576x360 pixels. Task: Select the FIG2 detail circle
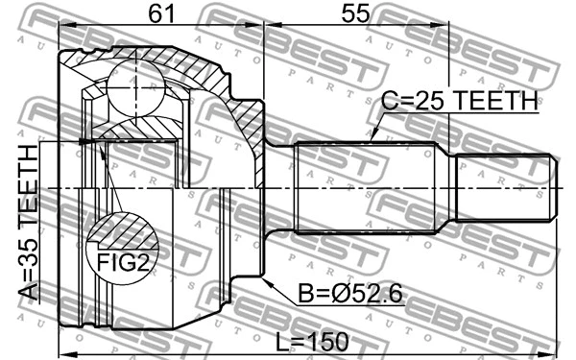point(122,246)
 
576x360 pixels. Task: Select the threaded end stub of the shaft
point(504,187)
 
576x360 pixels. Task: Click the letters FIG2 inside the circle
point(122,257)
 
